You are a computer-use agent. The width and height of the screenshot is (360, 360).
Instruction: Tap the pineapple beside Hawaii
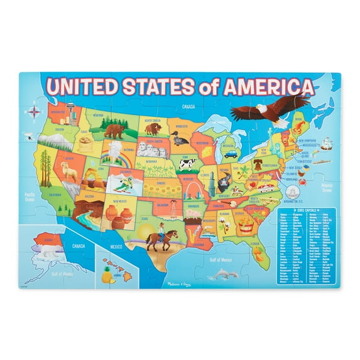point(106,273)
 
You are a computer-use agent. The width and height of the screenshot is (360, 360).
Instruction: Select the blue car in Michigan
point(231,153)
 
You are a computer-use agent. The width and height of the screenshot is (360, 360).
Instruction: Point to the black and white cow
point(187,165)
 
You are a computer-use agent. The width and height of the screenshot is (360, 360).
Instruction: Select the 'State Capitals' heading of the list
point(307,210)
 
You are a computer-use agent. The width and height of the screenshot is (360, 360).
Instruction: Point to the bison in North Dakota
point(153,129)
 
